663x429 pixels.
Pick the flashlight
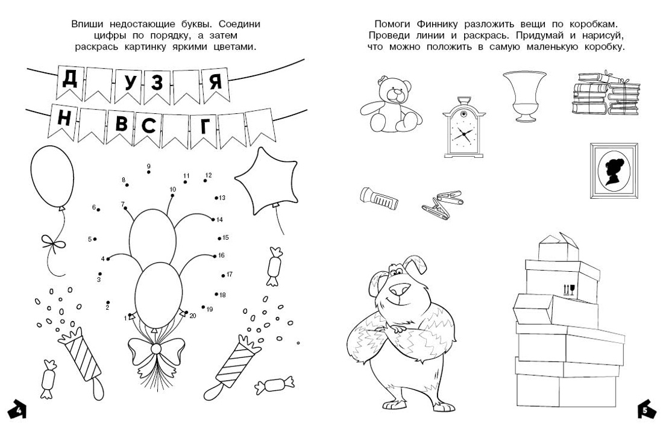tap(379, 198)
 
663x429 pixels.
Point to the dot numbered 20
tap(186, 313)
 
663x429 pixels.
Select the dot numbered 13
tap(216, 198)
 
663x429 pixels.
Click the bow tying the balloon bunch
tap(156, 349)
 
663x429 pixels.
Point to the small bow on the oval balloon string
tap(52, 242)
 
